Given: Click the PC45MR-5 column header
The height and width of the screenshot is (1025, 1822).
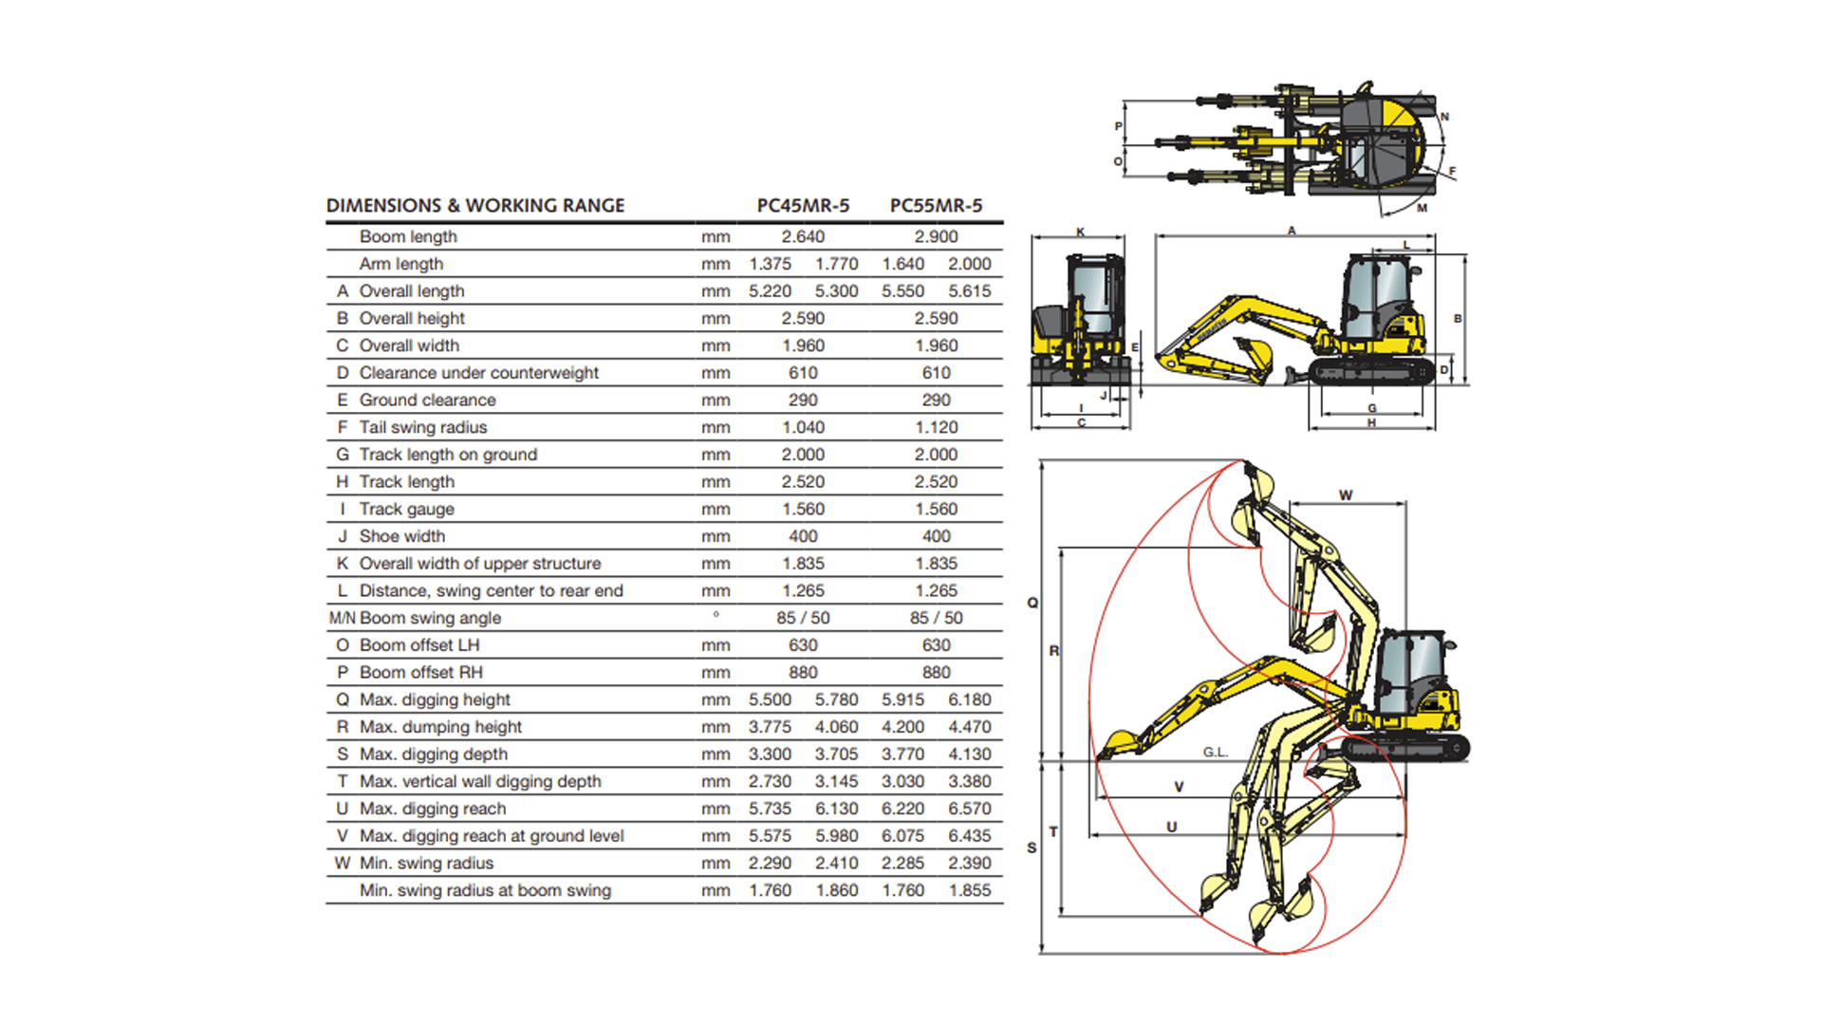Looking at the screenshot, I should pos(803,206).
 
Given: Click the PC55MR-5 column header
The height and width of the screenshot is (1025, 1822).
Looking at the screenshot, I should pos(936,206).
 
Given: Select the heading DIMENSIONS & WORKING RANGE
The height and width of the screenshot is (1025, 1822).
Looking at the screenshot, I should pos(475,206).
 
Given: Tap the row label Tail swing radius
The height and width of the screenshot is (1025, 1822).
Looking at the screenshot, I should pos(422,427).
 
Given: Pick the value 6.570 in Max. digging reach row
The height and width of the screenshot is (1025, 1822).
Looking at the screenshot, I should pos(969,809).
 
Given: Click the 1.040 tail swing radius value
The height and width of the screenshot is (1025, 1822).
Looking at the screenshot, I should pos(803,427).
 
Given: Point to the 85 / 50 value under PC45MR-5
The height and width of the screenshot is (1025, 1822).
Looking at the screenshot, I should pos(803,618).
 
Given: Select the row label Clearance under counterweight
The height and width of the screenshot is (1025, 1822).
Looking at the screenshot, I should pos(478,373).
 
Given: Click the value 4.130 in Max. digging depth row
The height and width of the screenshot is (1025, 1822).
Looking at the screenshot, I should pos(969,755).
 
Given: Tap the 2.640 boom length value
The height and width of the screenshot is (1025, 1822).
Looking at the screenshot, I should pos(803,236).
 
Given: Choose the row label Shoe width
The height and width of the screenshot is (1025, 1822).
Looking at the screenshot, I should pos(401,536).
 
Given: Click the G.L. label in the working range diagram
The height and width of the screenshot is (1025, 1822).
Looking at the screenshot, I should pos(1216,753).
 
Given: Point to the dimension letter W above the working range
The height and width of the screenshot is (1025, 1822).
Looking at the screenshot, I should pos(1346,495).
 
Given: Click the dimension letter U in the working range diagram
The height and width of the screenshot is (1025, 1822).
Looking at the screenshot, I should pos(1172,828).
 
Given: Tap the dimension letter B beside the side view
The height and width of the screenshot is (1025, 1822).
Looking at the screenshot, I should pos(1458,319).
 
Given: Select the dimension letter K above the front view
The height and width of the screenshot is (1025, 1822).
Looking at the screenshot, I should pos(1080,233).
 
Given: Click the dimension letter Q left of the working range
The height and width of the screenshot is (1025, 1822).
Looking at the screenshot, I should pos(1032,603).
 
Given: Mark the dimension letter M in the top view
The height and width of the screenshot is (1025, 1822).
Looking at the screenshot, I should pos(1422,208).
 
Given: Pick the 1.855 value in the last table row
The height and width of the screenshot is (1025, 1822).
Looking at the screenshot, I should pos(969,890).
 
